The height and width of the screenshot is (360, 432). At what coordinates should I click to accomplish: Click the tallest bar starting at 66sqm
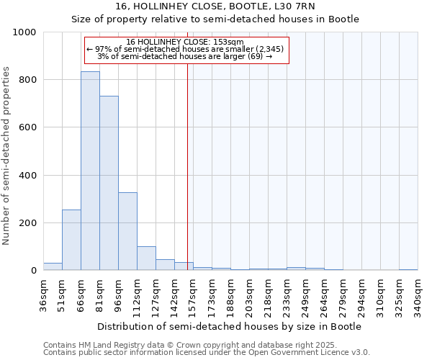[x=90, y=171]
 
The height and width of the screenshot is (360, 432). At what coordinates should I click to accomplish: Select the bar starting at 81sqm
[x=109, y=184]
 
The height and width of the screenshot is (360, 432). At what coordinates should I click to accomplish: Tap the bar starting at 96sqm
[x=127, y=232]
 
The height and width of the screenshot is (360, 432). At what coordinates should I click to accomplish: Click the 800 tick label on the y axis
[x=27, y=80]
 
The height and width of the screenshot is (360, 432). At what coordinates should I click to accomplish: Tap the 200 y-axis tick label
[x=27, y=223]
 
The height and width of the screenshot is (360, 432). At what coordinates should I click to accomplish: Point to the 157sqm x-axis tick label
[x=193, y=296]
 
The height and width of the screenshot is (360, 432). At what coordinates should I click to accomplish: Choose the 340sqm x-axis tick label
[x=418, y=296]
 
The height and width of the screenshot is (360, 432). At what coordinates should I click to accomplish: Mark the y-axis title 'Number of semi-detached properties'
[x=6, y=156]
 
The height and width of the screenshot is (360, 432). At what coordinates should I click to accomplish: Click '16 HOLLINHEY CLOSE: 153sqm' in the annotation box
[x=185, y=42]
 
